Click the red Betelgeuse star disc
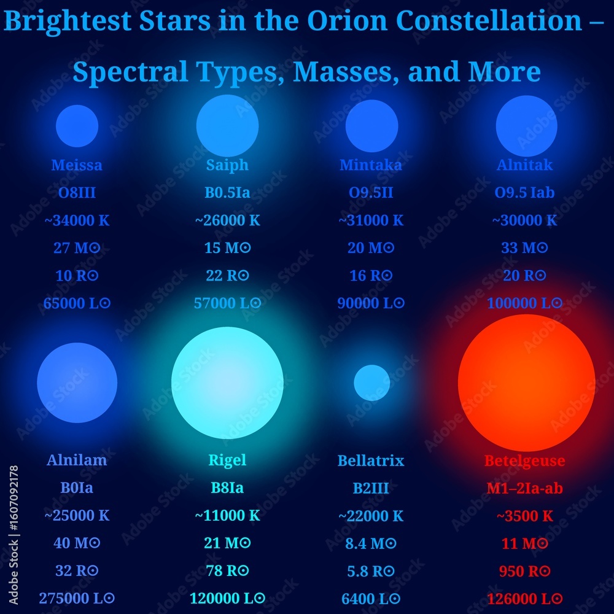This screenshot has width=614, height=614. tap(526, 383)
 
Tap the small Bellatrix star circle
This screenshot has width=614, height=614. tap(371, 383)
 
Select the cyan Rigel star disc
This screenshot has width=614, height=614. tap(227, 383)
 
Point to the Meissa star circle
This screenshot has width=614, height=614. tap(77, 126)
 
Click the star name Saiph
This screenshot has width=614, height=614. tap(227, 165)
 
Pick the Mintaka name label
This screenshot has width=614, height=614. tap(371, 165)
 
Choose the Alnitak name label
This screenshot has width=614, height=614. tap(524, 165)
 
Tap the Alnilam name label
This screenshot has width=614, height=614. tap(77, 460)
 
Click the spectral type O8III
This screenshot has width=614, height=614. tap(77, 193)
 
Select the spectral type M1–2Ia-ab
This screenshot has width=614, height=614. tap(524, 488)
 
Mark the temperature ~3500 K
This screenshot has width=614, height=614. tap(524, 516)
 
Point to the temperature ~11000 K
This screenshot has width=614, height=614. tap(227, 516)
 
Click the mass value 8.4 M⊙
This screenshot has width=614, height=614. tap(371, 543)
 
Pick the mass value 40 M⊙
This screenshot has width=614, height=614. tap(77, 543)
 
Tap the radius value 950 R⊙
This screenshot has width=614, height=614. tap(524, 571)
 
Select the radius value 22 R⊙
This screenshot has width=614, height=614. tap(227, 276)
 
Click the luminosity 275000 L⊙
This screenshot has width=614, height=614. tap(77, 598)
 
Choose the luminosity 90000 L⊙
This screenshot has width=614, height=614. tap(371, 303)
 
